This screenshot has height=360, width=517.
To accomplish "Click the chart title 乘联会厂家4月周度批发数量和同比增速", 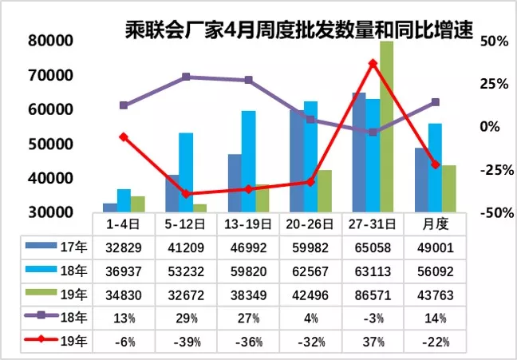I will click(299, 30).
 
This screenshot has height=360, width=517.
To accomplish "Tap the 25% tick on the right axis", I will click(495, 84).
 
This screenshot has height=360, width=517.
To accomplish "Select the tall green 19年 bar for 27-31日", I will click(386, 128).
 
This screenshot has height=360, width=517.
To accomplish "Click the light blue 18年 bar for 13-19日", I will click(248, 161).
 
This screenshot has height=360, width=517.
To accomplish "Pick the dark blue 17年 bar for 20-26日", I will click(296, 161).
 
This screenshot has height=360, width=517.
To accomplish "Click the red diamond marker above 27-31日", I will click(373, 63).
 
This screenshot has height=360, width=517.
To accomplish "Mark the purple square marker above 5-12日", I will click(186, 77).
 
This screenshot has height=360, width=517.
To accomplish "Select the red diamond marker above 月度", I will click(435, 164).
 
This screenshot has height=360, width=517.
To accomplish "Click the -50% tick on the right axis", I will click(495, 213).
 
